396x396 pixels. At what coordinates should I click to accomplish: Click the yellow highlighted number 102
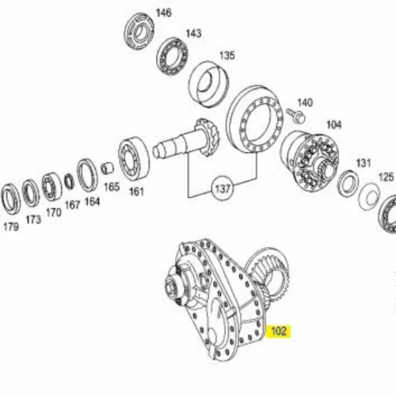click(279, 331)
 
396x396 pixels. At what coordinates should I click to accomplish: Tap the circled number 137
click(223, 188)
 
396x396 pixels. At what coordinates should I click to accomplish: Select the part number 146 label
click(164, 13)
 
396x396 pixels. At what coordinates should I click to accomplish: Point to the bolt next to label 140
click(295, 115)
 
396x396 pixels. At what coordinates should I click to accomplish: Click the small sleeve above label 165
click(107, 169)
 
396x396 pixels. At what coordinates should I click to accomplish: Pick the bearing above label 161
click(134, 158)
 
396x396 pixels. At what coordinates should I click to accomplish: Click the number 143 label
click(193, 33)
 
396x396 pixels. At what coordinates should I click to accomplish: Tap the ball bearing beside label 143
click(172, 56)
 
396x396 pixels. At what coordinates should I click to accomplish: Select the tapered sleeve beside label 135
click(208, 84)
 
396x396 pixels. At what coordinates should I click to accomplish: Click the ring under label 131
click(348, 183)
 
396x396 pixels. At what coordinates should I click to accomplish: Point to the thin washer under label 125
click(369, 196)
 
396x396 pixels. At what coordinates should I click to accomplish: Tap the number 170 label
click(54, 212)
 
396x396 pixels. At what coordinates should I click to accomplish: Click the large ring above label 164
click(87, 175)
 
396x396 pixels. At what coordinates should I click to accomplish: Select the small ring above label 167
click(70, 181)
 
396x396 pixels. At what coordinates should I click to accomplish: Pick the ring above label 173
click(31, 193)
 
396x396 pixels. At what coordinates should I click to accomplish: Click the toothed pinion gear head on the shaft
click(208, 137)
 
